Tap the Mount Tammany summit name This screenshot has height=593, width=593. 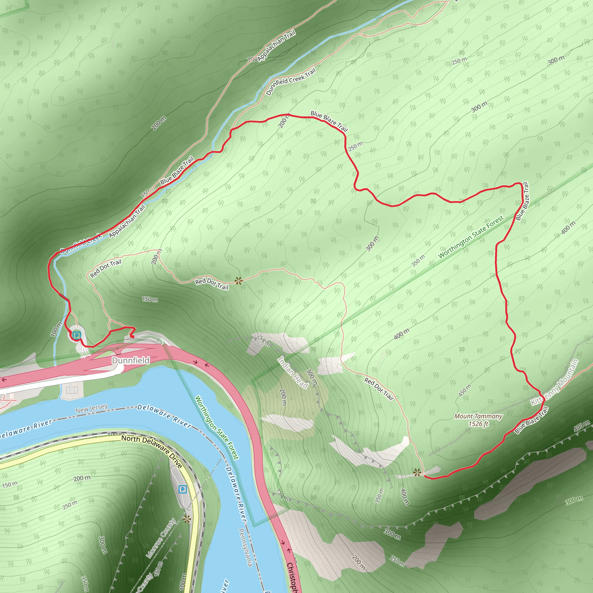pos(478,416)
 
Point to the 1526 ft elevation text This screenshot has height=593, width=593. pos(478,424)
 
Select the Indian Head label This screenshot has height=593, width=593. pos(292,372)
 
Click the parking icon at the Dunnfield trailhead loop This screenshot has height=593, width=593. pos(77,335)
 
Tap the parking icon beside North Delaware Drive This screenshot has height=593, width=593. pos(183,489)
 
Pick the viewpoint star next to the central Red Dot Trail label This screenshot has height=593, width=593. pos(239,281)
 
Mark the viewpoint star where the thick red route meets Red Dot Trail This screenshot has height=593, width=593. pos(416,472)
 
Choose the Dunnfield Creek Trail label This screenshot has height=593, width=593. pos(291,81)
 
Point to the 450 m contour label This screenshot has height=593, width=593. pos(465,390)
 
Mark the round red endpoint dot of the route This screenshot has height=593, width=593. pos(132,337)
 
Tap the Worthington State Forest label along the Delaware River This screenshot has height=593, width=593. pos(217,428)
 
